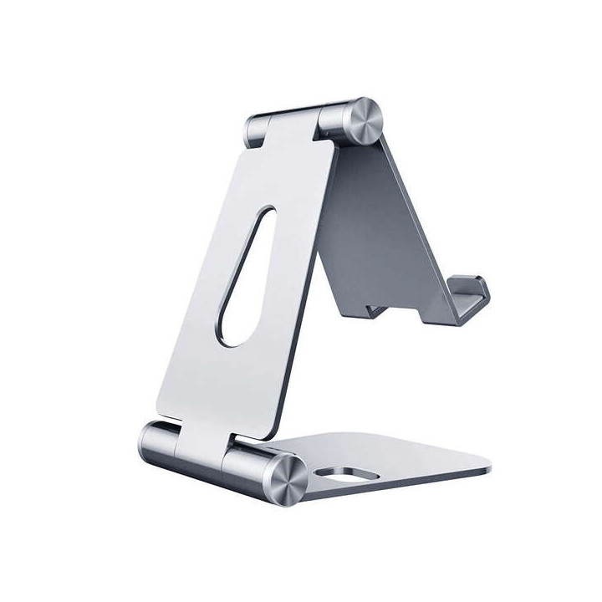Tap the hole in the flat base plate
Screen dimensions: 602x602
click(342, 478)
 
